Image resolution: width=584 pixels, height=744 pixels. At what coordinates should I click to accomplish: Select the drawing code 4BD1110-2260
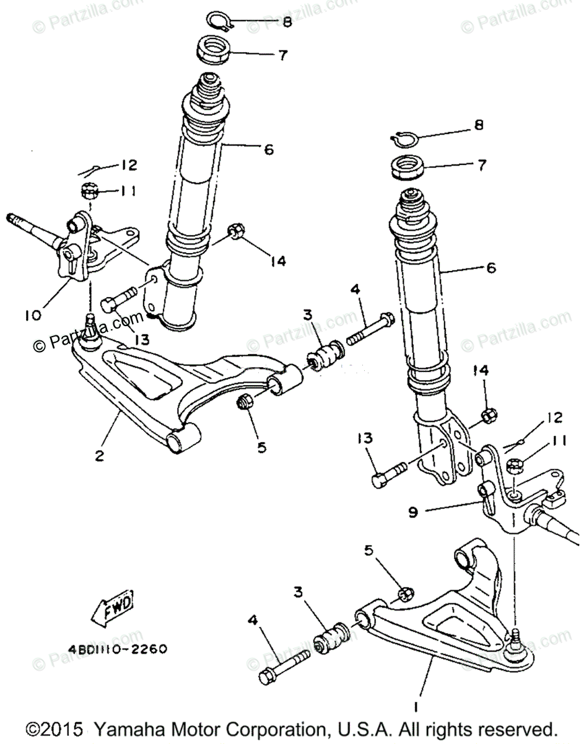[117, 650]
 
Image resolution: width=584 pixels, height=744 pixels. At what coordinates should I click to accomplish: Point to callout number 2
[99, 456]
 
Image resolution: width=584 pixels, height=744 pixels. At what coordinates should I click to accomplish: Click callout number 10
[33, 315]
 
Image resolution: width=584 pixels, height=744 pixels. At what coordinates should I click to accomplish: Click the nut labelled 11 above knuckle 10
[88, 190]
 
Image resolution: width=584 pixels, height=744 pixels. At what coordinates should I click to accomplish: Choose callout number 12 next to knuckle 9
[554, 418]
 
